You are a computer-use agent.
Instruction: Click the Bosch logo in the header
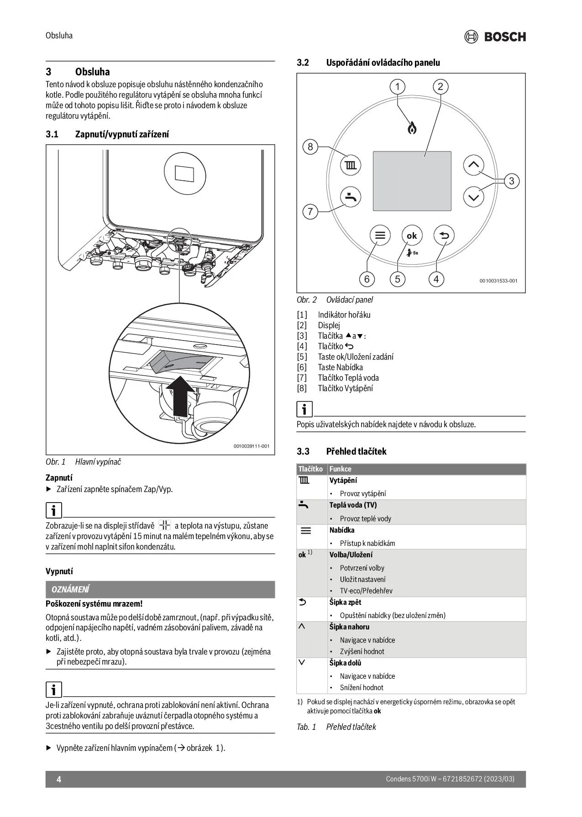pyautogui.click(x=495, y=37)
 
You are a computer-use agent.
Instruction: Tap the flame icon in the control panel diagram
pyautogui.click(x=412, y=128)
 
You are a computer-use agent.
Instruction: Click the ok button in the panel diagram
pyautogui.click(x=412, y=236)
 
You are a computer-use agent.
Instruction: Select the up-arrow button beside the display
pyautogui.click(x=474, y=165)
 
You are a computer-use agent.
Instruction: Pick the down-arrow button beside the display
pyautogui.click(x=474, y=198)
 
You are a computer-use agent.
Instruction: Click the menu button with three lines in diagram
pyautogui.click(x=380, y=236)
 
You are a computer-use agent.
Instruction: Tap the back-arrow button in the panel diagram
pyautogui.click(x=444, y=236)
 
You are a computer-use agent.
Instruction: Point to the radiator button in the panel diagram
pyautogui.click(x=351, y=165)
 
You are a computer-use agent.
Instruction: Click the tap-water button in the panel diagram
pyautogui.click(x=351, y=197)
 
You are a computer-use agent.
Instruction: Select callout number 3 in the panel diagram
pyautogui.click(x=511, y=181)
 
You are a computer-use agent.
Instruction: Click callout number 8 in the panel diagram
pyautogui.click(x=310, y=147)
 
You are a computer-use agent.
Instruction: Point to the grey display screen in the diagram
pyautogui.click(x=412, y=181)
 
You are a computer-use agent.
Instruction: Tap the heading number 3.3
pyautogui.click(x=303, y=451)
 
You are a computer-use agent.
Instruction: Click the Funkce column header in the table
pyautogui.click(x=341, y=469)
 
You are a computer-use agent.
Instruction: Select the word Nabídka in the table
pyautogui.click(x=342, y=530)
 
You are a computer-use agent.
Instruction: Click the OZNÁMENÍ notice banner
pyautogui.click(x=160, y=589)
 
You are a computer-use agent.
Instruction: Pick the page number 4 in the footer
pyautogui.click(x=58, y=779)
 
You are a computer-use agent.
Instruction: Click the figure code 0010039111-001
pyautogui.click(x=251, y=446)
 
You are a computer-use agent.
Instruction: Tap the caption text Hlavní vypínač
pyautogui.click(x=98, y=461)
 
